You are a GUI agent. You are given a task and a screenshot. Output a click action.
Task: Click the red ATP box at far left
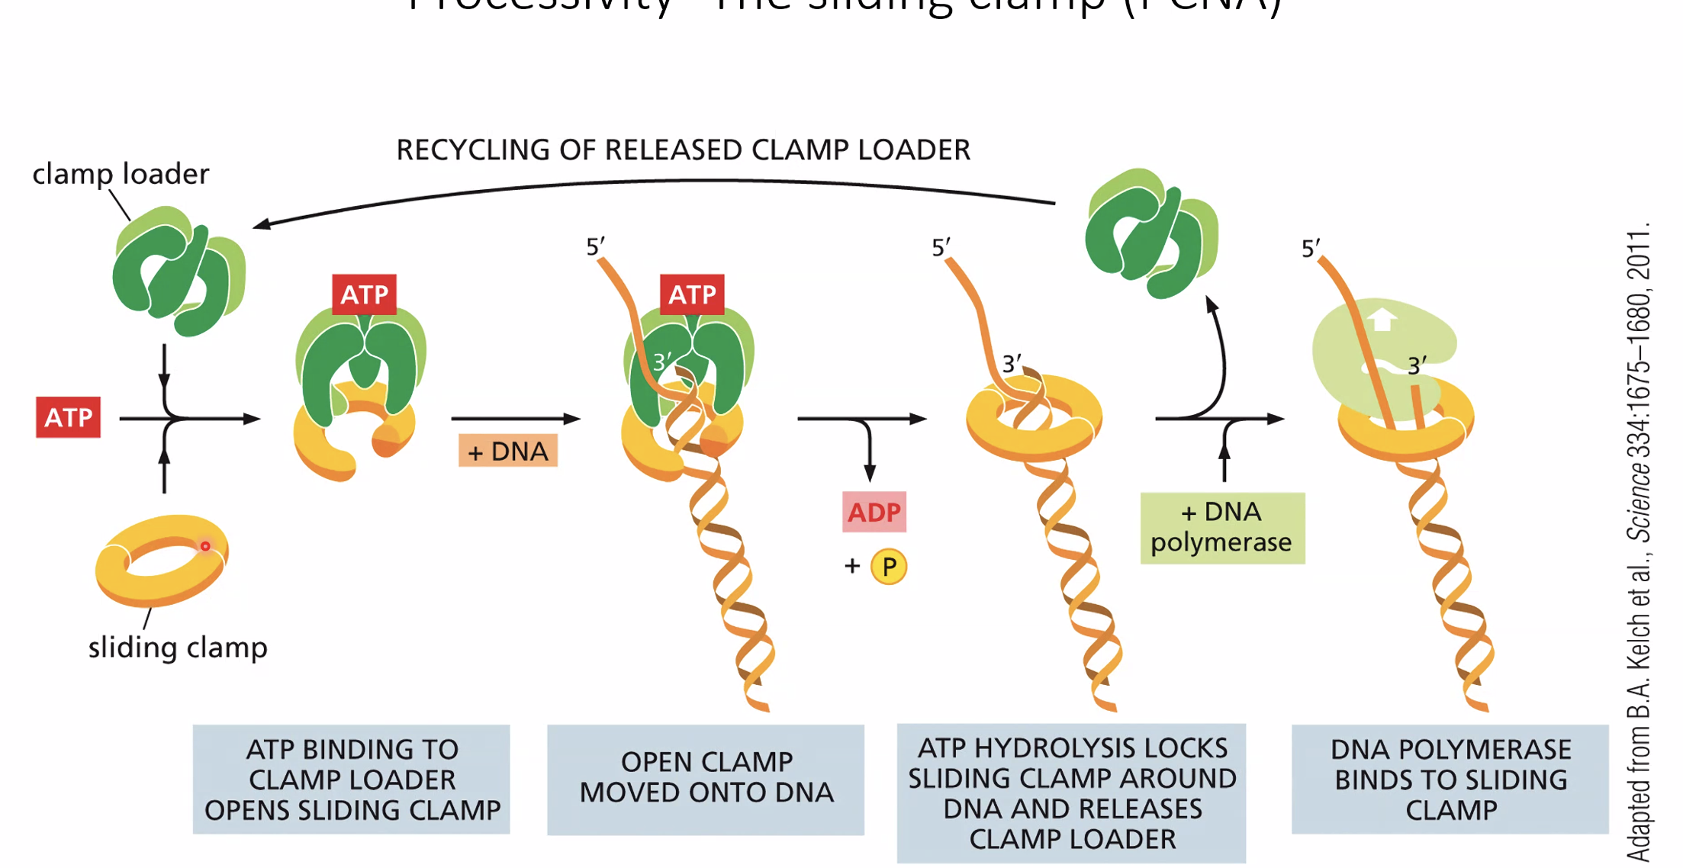[x=68, y=417]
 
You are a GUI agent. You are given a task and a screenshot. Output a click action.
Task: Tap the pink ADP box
[x=874, y=512]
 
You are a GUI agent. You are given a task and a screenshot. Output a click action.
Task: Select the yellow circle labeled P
[x=889, y=567]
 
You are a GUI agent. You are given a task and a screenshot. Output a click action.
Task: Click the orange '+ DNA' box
[x=508, y=451]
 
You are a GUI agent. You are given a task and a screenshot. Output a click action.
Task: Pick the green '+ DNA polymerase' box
[x=1222, y=528]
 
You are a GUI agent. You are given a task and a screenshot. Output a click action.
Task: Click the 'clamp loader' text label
[x=121, y=174]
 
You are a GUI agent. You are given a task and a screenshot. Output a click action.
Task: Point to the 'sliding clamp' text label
[x=178, y=647]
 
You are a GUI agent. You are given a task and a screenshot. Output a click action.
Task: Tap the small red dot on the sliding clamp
[x=205, y=546]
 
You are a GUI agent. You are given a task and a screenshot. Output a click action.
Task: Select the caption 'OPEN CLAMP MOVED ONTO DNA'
[x=706, y=778]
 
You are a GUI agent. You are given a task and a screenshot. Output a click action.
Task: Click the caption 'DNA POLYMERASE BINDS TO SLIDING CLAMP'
[x=1450, y=779]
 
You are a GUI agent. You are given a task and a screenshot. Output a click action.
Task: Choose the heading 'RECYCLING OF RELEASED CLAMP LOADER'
[x=683, y=150]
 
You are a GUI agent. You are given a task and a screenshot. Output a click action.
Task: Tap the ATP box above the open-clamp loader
[x=365, y=294]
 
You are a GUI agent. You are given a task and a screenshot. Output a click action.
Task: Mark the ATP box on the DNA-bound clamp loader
[x=692, y=294]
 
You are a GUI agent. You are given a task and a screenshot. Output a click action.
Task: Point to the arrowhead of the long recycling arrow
[x=260, y=224]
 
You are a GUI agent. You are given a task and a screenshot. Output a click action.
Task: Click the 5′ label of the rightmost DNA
[x=1310, y=249]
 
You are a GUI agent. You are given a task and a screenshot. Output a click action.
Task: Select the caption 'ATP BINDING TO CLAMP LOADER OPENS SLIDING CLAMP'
[x=352, y=779]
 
